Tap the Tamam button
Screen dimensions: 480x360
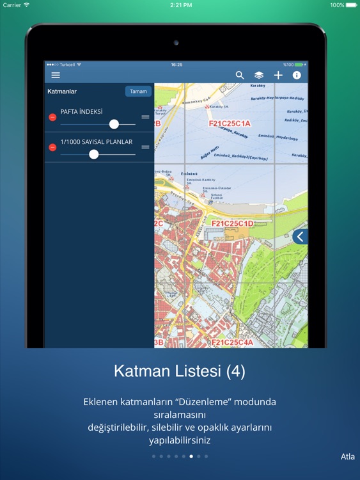138,92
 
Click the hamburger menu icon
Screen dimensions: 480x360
56,76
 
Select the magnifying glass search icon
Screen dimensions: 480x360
240,76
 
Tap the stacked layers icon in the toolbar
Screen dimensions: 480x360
259,76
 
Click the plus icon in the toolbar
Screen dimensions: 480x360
278,76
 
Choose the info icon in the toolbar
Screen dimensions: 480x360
297,76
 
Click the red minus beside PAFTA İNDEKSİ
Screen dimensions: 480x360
52,117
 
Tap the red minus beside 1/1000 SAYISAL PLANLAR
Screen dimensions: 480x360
52,147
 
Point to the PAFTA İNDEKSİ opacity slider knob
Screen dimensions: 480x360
114,124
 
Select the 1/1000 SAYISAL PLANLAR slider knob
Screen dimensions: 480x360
94,154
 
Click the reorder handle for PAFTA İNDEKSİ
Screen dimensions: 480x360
145,117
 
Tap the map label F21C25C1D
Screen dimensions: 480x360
232,223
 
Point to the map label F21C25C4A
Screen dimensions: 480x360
232,342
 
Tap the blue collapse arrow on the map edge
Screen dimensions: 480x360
300,237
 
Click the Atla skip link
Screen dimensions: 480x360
348,456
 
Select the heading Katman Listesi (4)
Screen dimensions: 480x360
180,371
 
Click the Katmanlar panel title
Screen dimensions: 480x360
62,92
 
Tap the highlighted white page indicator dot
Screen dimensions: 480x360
191,456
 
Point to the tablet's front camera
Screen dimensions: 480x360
175,43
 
